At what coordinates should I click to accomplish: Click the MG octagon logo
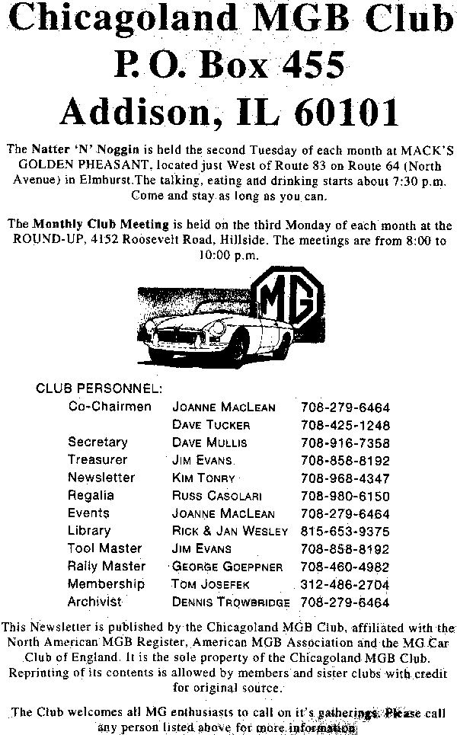286,302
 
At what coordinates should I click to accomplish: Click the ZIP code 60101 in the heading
348,113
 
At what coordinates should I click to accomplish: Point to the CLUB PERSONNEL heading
99,388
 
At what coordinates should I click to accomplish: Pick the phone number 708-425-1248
345,425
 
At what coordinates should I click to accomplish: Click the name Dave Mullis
209,443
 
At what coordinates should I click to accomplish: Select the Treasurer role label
97,460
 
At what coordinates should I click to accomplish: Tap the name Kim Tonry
203,478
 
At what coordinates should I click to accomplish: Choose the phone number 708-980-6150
345,496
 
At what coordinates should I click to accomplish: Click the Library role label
89,531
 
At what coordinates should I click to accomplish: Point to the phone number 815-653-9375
345,532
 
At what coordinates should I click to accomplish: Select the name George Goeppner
227,567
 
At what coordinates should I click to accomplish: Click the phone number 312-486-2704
345,585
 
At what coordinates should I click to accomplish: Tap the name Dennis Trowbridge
231,602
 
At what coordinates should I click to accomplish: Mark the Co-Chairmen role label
110,407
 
